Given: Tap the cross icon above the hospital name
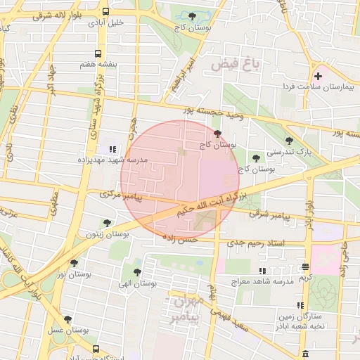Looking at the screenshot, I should click(318, 75).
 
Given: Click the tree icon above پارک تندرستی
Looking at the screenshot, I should click(289, 141).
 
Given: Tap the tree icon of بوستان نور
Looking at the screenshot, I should click(74, 263).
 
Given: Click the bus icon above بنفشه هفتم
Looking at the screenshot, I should click(97, 53).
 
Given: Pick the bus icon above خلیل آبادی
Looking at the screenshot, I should click(105, 12).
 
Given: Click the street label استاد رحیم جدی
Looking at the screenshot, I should click(256, 243).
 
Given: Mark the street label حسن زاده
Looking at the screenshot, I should click(180, 239).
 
